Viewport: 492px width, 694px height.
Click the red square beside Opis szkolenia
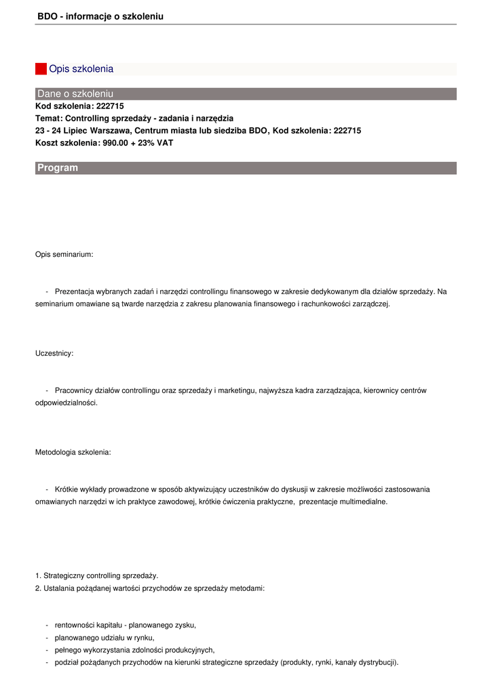coord(41,68)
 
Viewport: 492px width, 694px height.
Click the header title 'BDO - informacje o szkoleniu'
coord(100,16)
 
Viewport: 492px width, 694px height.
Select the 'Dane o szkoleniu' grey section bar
coord(246,94)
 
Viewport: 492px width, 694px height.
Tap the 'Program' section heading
coord(58,168)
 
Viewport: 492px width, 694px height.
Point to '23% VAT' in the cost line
coord(157,143)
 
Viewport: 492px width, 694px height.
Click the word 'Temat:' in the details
coord(49,119)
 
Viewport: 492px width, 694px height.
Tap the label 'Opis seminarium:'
coord(64,255)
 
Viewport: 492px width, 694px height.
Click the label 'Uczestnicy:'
coord(54,353)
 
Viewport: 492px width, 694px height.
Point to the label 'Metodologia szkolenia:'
coord(73,451)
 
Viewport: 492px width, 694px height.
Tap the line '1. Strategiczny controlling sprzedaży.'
coord(97,575)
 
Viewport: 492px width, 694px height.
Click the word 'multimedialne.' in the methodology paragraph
coord(364,502)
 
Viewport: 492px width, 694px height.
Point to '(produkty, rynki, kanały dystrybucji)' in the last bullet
coord(339,662)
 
